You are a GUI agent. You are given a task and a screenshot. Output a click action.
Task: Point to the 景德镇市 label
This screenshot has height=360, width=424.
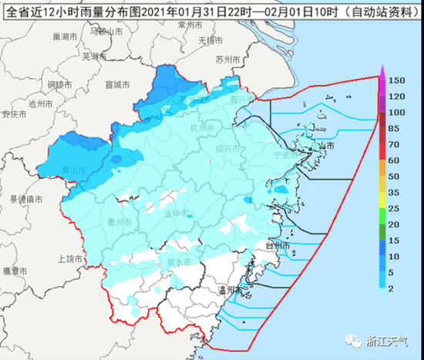[25, 199]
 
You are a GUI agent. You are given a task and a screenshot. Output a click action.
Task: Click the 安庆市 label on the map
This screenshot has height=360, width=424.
[15, 114]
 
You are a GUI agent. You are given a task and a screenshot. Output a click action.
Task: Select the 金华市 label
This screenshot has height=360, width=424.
[178, 210]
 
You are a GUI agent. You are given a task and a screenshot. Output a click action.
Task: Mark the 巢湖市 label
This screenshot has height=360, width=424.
[51, 36]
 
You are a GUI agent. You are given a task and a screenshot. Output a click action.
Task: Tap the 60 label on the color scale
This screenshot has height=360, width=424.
[393, 160]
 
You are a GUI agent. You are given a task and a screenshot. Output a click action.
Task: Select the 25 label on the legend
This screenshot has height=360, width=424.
[393, 208]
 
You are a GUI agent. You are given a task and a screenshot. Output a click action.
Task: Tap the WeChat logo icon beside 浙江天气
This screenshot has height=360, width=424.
[356, 340]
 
